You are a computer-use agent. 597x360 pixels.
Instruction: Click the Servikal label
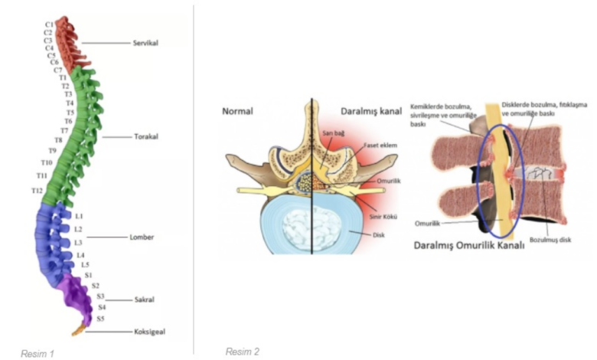coord(145,43)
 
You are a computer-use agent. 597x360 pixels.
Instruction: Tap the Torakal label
coord(145,138)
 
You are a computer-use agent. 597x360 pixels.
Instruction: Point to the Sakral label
coord(142,299)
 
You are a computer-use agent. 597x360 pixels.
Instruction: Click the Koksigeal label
coord(148,332)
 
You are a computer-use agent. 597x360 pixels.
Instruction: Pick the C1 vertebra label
coord(48,25)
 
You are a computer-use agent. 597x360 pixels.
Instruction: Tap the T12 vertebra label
coord(37,190)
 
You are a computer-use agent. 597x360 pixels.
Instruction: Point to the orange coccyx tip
coord(78,332)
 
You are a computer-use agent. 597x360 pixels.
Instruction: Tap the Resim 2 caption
coord(242,351)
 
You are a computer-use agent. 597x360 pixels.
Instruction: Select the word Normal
coord(237,110)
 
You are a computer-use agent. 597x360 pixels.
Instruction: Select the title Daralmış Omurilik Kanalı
coord(468,246)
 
